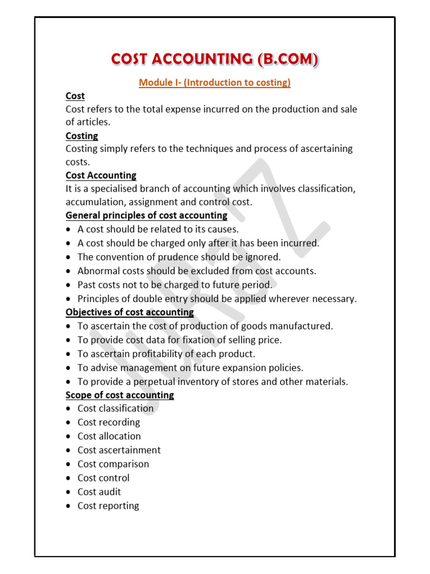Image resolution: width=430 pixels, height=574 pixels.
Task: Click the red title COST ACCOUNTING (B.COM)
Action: click(x=215, y=59)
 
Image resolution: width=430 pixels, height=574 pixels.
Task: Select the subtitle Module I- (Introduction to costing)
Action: click(x=215, y=83)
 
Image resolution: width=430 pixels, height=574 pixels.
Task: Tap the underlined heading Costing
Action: click(x=82, y=136)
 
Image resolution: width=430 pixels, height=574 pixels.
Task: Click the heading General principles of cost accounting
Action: click(x=147, y=215)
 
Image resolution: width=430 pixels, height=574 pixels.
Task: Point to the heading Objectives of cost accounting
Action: click(x=130, y=312)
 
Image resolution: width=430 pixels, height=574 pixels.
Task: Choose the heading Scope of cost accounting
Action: click(x=120, y=395)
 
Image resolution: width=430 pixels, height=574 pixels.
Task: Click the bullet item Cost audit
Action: click(x=99, y=492)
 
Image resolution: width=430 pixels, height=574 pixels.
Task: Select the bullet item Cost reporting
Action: click(x=108, y=506)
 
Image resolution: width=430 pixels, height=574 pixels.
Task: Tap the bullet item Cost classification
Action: click(x=115, y=409)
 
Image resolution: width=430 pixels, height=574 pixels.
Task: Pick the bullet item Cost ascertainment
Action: click(x=119, y=450)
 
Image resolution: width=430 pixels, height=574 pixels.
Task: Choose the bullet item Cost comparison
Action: click(x=113, y=464)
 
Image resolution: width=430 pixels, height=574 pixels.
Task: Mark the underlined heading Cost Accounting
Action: click(x=101, y=175)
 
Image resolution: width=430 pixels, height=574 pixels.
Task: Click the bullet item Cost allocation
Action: click(x=109, y=436)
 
